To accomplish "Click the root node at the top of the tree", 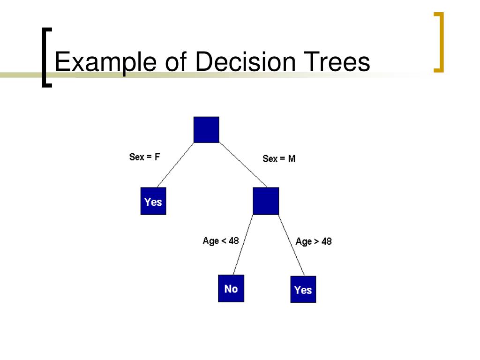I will [x=206, y=129].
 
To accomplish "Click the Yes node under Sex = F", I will [x=153, y=201].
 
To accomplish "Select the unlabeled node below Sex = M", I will [x=266, y=201].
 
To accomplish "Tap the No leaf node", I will [x=231, y=288].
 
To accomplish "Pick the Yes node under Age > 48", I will [x=303, y=289].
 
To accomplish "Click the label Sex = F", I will [x=144, y=157].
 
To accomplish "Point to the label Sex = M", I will [x=279, y=159].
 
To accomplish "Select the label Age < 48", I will [x=220, y=241].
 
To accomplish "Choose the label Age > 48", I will [x=314, y=242].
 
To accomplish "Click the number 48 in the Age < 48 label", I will [x=233, y=241].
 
